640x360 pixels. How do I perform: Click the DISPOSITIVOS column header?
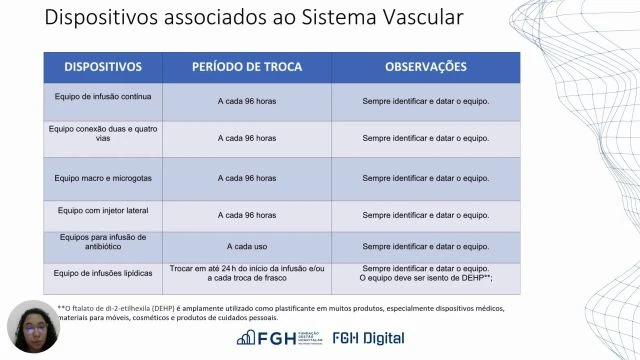coord(103,67)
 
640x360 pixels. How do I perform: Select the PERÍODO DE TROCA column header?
coord(246,67)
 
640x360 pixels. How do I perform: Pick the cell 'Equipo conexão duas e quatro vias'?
coord(103,134)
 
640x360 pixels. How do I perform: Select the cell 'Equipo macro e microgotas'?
coord(103,178)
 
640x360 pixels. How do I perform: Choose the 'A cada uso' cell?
coord(246,246)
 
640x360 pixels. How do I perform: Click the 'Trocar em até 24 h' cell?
coord(246,274)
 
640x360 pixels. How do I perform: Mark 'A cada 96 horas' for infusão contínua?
coord(246,101)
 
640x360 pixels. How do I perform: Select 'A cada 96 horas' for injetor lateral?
coord(246,215)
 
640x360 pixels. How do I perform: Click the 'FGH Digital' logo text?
coord(370,338)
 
